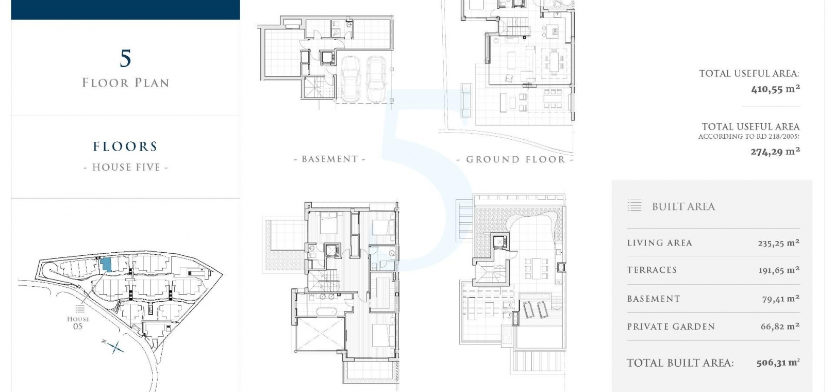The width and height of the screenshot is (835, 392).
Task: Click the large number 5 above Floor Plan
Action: [x=126, y=58]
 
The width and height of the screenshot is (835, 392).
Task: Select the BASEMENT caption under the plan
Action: [x=329, y=159]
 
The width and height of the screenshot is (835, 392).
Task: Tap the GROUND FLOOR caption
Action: [x=515, y=159]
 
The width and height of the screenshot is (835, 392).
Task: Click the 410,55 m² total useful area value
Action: [x=775, y=89]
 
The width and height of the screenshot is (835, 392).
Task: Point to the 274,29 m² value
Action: [x=775, y=152]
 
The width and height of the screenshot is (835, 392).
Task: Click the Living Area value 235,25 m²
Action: [x=779, y=243]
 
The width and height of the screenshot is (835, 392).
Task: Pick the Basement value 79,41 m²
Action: [x=781, y=299]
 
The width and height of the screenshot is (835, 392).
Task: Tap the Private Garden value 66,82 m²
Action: [x=780, y=326]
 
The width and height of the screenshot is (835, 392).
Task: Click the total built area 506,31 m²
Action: [x=778, y=363]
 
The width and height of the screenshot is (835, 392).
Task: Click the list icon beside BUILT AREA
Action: [x=634, y=205]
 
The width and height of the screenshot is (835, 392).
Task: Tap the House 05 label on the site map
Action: [x=78, y=322]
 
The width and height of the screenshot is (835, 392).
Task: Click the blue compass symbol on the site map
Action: [x=114, y=347]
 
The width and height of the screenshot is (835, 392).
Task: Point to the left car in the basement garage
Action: [x=350, y=79]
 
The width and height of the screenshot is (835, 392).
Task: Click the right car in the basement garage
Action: [x=376, y=79]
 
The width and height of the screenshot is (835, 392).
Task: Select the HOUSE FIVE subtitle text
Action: [x=126, y=168]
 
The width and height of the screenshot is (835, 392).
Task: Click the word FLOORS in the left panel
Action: [x=125, y=146]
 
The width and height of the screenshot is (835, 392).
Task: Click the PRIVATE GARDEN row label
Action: [x=671, y=326]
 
